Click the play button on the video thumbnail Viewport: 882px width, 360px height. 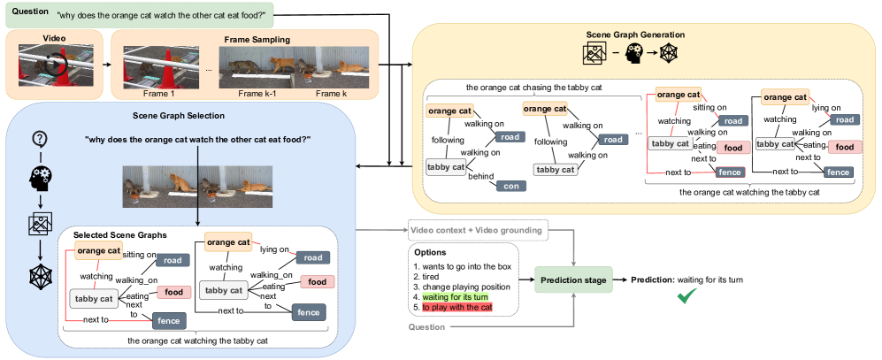51,65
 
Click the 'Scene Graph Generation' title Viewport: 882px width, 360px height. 635,34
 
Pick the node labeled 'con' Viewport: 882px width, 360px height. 510,186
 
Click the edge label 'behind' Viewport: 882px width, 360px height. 481,176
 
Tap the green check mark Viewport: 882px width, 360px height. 686,296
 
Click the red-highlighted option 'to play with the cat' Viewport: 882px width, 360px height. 457,307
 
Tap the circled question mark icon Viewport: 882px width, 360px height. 40,137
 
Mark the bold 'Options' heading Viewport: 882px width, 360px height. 430,253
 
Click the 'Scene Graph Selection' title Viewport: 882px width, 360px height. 179,116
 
